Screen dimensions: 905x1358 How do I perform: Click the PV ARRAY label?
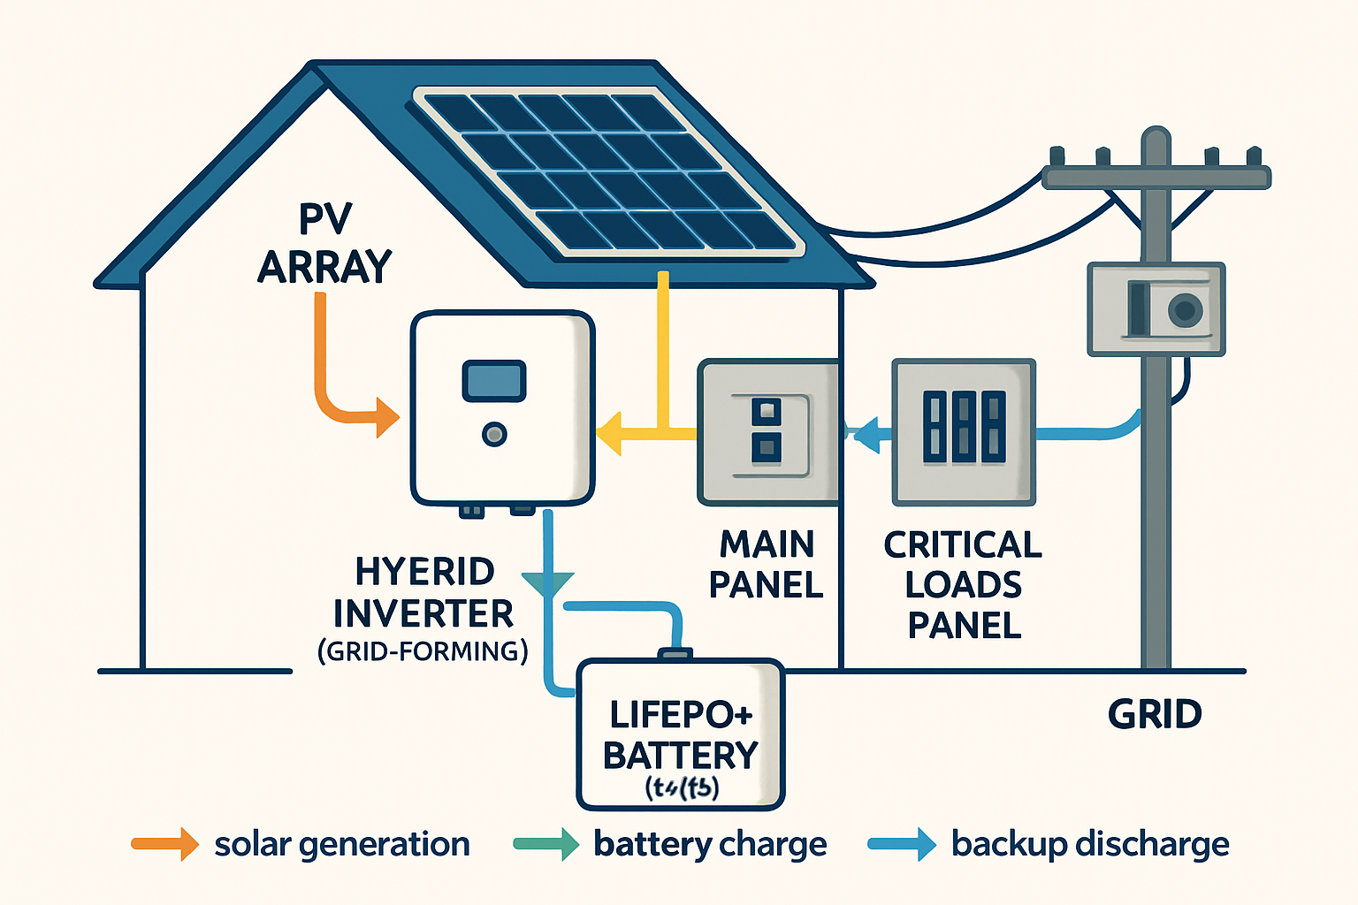coord(324,243)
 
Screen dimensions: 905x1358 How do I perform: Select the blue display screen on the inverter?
coord(494,381)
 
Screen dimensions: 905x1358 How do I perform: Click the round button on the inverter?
coord(494,434)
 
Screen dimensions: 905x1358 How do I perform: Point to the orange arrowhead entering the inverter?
coord(386,417)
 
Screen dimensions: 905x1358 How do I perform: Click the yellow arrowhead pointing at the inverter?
coord(609,433)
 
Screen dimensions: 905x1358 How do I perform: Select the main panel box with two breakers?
coord(767,432)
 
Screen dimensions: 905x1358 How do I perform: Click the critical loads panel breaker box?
coord(964,431)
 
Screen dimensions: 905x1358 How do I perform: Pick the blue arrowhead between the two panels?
coord(869,434)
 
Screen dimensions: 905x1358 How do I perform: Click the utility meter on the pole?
coord(1156,309)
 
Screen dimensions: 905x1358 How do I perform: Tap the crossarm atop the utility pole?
coord(1156,177)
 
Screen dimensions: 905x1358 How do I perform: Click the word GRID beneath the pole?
coord(1155,714)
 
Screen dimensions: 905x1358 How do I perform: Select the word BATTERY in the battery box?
coord(681,756)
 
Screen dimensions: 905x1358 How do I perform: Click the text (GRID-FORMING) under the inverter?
coord(423,652)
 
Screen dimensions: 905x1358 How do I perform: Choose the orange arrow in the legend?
coord(166,844)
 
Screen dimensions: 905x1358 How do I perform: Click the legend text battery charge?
coord(710,844)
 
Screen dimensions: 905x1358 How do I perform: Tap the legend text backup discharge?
coord(1090,844)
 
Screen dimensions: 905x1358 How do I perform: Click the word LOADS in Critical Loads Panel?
coord(964,585)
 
